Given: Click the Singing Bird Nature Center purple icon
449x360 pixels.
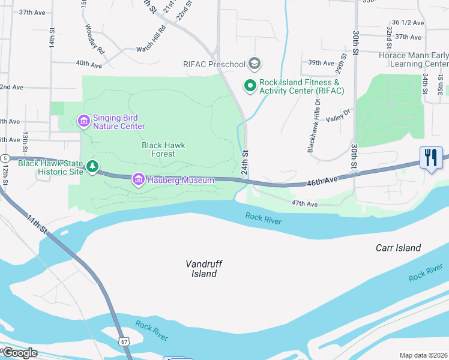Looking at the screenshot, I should click(x=83, y=122).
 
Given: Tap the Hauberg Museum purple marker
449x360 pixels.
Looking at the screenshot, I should click(x=139, y=179).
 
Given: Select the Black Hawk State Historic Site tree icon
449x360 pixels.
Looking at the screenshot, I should click(x=92, y=166).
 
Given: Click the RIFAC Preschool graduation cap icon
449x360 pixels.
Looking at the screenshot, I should click(x=255, y=64).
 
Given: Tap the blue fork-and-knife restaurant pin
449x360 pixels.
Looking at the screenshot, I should click(x=431, y=158).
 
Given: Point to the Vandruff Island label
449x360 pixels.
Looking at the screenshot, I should click(x=201, y=268).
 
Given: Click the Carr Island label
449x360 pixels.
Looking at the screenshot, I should click(x=398, y=248).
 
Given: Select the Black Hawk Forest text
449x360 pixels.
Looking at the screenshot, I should click(x=163, y=149).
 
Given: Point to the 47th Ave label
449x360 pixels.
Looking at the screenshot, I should click(x=304, y=204).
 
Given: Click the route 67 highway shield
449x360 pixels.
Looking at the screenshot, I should click(x=124, y=341).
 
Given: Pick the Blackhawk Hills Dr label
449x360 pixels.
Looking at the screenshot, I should click(x=311, y=125).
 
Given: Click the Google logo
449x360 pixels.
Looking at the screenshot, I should click(x=20, y=353).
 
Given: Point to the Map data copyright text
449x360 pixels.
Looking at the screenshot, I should click(x=423, y=355).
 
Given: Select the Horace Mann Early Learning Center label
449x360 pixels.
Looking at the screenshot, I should click(x=414, y=59).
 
